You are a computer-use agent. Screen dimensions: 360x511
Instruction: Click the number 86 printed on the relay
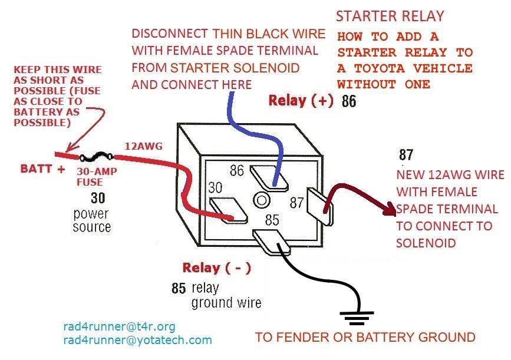pyautogui.click(x=237, y=171)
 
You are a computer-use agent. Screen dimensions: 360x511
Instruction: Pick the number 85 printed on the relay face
pyautogui.click(x=272, y=222)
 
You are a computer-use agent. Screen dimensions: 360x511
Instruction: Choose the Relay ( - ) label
pyautogui.click(x=217, y=268)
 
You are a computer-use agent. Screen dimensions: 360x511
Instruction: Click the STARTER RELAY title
pyautogui.click(x=390, y=16)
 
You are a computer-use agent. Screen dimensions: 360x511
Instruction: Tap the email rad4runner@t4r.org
pyautogui.click(x=119, y=326)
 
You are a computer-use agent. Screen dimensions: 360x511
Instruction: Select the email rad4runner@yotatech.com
pyautogui.click(x=137, y=340)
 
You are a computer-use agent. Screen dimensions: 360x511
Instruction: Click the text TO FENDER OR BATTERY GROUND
pyautogui.click(x=365, y=338)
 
